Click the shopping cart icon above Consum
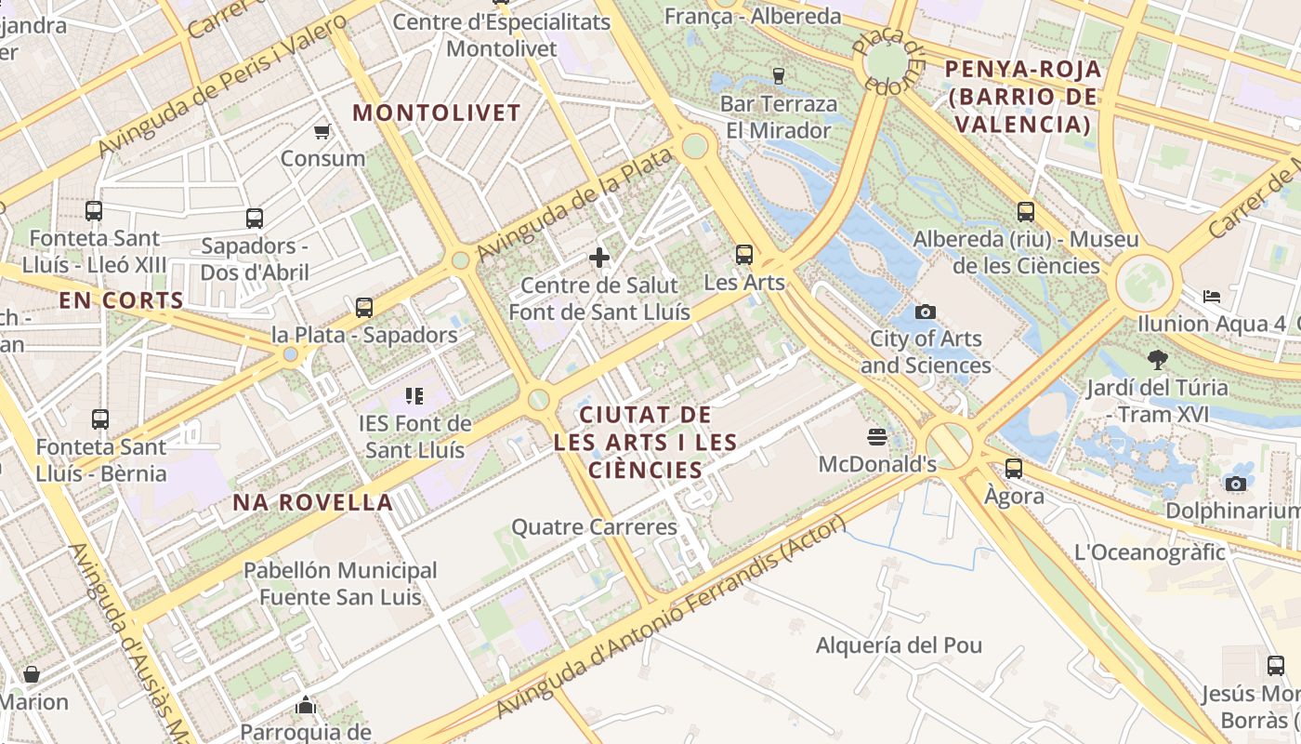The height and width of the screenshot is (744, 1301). (x=322, y=131)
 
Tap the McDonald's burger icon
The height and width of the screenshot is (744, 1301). (x=876, y=435)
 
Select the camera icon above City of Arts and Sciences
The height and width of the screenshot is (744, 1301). (x=925, y=312)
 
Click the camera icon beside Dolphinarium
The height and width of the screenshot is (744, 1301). (x=1235, y=483)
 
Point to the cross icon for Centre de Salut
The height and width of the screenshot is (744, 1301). (x=599, y=257)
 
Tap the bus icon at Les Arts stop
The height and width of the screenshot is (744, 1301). (x=743, y=254)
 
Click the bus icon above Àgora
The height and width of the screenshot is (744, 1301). (x=1013, y=468)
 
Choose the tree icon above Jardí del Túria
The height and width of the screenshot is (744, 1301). (x=1157, y=359)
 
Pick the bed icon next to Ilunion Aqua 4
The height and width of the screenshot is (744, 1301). (x=1212, y=296)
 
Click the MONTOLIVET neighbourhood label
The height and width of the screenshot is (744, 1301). (x=437, y=113)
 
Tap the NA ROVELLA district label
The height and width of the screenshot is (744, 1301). (x=313, y=503)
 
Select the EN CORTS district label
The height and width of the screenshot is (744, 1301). (x=121, y=300)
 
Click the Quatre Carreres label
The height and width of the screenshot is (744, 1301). (x=595, y=527)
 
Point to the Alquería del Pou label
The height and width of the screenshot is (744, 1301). (x=899, y=645)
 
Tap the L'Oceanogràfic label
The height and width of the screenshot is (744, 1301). (x=1150, y=552)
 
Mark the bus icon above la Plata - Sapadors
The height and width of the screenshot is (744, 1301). (x=364, y=307)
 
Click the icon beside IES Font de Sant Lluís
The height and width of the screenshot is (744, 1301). (x=414, y=396)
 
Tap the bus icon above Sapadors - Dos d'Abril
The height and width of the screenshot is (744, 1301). (x=255, y=219)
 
